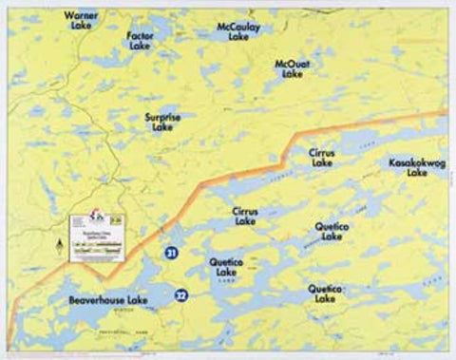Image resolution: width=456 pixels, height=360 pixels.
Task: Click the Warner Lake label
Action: click(x=81, y=20)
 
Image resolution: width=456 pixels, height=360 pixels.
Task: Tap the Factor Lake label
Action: click(x=140, y=39)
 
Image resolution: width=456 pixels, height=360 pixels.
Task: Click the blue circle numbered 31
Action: click(x=170, y=254)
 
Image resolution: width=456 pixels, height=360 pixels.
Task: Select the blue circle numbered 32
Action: click(x=180, y=296)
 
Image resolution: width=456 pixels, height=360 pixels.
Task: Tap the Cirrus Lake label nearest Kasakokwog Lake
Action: click(x=321, y=157)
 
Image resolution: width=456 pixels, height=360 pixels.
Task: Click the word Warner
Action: click(x=81, y=15)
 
